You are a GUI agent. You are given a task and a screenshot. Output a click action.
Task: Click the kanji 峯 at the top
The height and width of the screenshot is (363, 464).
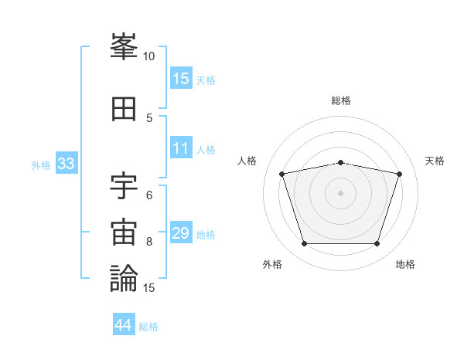point(125,48)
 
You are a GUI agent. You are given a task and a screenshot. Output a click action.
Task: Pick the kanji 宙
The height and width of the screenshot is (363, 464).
point(125,232)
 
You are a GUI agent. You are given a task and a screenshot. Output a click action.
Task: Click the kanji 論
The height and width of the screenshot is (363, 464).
point(125,278)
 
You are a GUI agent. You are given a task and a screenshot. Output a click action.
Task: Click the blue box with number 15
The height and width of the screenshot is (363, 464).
point(181,78)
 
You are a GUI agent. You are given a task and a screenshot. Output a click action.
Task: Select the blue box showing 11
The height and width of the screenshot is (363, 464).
point(181,148)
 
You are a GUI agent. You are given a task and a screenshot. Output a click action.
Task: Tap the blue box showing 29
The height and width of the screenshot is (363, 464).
point(181,233)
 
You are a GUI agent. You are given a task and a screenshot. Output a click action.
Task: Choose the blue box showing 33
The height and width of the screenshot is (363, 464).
point(66,164)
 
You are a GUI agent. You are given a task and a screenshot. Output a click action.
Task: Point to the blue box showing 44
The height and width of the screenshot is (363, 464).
point(124,325)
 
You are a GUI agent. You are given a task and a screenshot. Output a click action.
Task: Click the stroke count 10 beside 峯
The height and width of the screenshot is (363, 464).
point(149,56)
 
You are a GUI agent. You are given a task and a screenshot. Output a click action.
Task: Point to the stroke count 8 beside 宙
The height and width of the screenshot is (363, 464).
point(149,241)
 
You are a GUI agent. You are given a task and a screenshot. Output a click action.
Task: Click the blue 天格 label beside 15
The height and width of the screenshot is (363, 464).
point(206,80)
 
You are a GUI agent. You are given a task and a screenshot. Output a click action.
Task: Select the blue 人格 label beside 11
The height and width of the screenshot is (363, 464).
point(206,150)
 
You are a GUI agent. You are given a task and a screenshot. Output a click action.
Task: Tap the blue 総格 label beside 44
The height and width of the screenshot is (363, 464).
point(148,327)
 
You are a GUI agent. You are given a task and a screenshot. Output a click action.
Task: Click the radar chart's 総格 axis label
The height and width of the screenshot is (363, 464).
point(341,100)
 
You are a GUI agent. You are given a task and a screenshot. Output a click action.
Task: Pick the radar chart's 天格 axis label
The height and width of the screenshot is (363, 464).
point(435,161)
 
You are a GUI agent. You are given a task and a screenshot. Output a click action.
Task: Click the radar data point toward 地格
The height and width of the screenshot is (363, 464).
point(377,244)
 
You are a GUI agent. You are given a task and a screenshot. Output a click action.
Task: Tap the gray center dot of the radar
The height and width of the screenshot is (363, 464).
point(340,193)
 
